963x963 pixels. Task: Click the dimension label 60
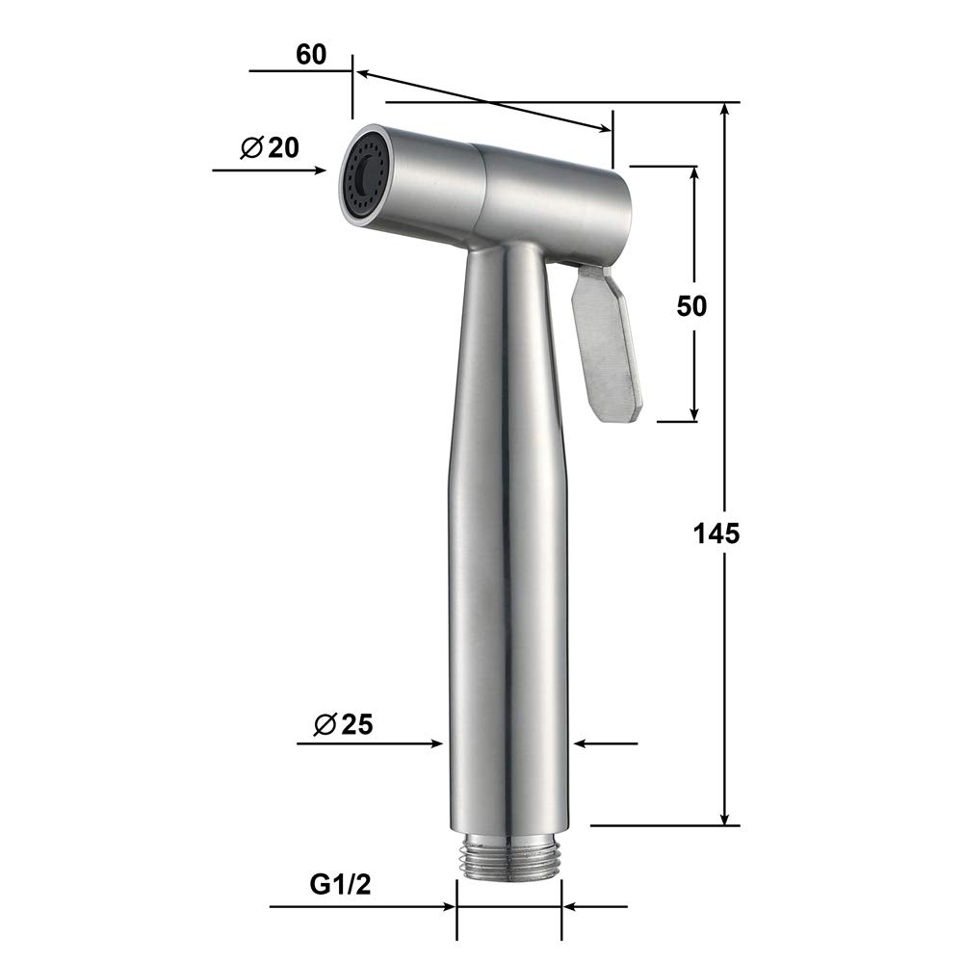click(x=311, y=55)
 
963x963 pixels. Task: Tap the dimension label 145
click(x=716, y=534)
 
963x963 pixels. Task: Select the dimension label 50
click(x=691, y=306)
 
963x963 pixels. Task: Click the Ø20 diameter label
click(x=270, y=147)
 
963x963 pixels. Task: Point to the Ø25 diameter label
click(x=344, y=725)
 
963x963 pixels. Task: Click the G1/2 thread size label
click(x=340, y=885)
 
